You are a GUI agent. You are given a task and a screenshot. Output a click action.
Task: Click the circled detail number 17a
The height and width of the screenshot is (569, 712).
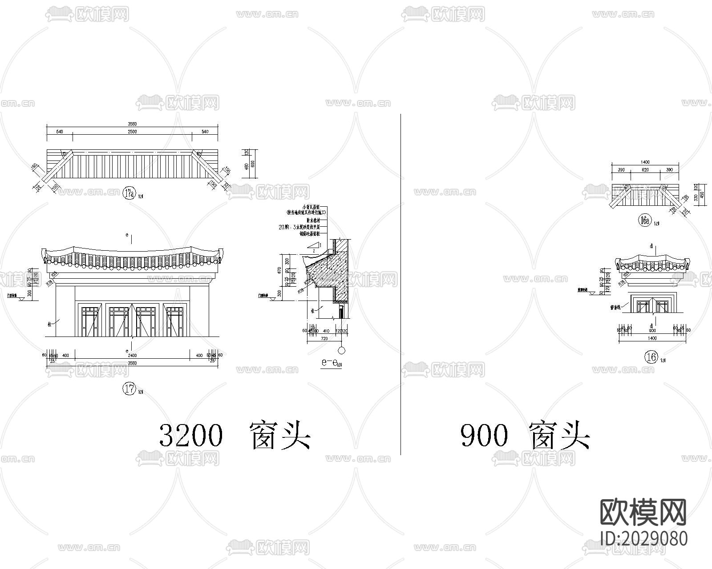[129, 193]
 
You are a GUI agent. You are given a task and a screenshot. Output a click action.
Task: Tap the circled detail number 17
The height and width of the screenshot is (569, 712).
[129, 389]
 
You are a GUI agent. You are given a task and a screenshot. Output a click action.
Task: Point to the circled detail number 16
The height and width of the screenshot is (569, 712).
[651, 357]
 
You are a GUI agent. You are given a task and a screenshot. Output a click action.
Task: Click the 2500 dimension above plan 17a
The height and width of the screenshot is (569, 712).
[132, 132]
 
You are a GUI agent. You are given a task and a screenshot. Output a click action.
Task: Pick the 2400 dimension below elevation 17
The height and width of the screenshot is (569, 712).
[132, 355]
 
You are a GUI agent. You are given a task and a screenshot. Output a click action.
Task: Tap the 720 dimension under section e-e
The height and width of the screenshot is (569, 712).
[324, 339]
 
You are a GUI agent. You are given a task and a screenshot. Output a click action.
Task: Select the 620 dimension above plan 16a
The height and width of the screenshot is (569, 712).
[645, 170]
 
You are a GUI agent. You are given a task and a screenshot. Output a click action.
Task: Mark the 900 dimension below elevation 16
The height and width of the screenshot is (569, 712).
[652, 331]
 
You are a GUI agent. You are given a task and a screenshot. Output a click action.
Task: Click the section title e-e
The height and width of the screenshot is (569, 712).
[330, 363]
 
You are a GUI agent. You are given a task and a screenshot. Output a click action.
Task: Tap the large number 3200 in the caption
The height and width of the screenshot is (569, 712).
[190, 435]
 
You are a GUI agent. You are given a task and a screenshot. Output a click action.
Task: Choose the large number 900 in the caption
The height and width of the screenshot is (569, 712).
[484, 435]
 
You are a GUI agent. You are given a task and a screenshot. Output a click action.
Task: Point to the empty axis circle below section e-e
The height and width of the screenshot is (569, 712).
[341, 350]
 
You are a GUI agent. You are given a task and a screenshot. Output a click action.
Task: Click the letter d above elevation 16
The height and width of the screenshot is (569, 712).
[651, 246]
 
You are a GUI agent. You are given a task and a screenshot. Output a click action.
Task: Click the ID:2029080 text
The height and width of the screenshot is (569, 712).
[643, 538]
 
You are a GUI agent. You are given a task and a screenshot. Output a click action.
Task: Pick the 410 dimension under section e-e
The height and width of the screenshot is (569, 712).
[326, 331]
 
